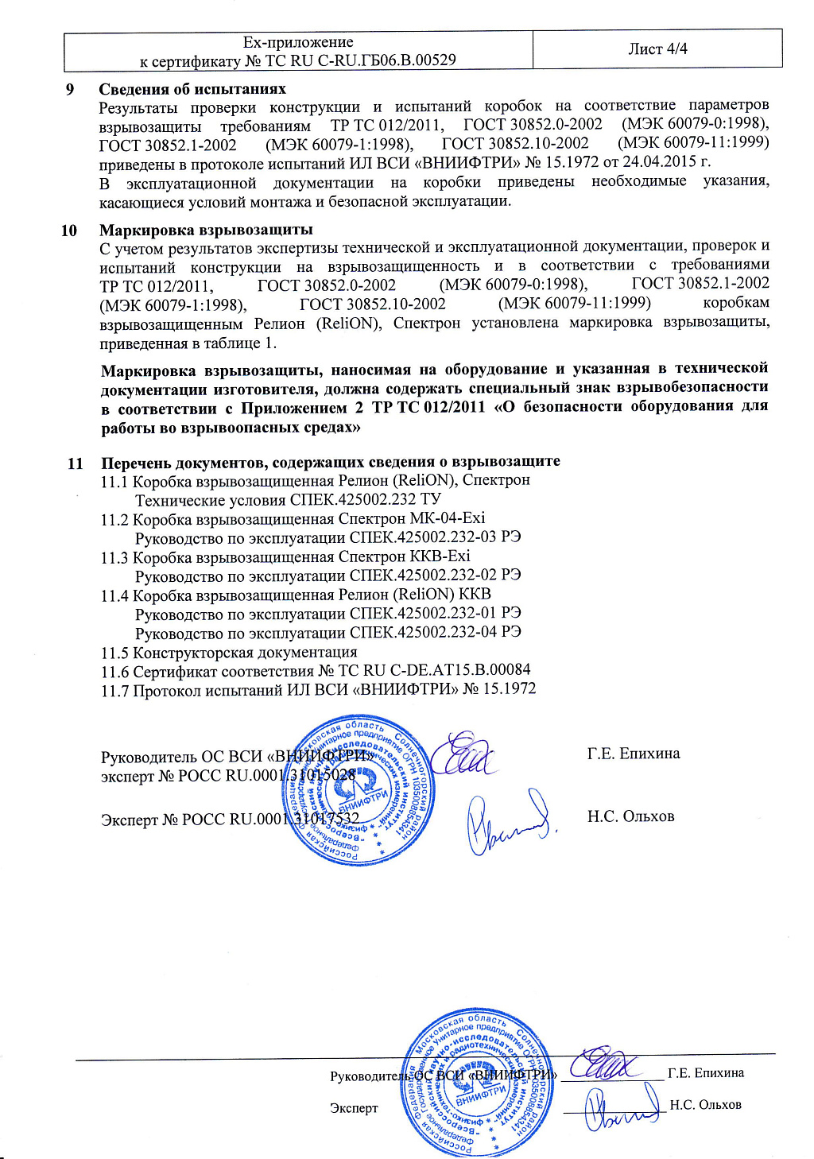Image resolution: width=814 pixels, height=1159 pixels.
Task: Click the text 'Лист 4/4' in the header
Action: [657, 49]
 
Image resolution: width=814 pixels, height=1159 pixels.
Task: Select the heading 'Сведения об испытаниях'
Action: [192, 89]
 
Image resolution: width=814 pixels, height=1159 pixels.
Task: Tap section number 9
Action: [70, 89]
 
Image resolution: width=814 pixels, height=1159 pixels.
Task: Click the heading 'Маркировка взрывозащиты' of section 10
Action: [206, 231]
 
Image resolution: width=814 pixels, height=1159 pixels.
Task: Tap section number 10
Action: [69, 231]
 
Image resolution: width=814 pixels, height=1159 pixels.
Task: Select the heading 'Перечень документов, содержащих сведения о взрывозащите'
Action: [331, 462]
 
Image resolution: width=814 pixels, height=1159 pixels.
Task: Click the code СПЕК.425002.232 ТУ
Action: [366, 500]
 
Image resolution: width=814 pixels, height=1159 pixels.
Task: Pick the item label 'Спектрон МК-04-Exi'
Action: [412, 519]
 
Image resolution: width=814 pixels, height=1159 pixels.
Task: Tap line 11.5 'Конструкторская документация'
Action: [229, 653]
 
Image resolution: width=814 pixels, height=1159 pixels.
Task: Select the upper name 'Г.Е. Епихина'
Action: [634, 754]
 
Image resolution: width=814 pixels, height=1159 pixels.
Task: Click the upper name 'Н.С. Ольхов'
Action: [630, 816]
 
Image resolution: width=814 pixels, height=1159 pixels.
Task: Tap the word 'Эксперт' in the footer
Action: [354, 1108]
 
